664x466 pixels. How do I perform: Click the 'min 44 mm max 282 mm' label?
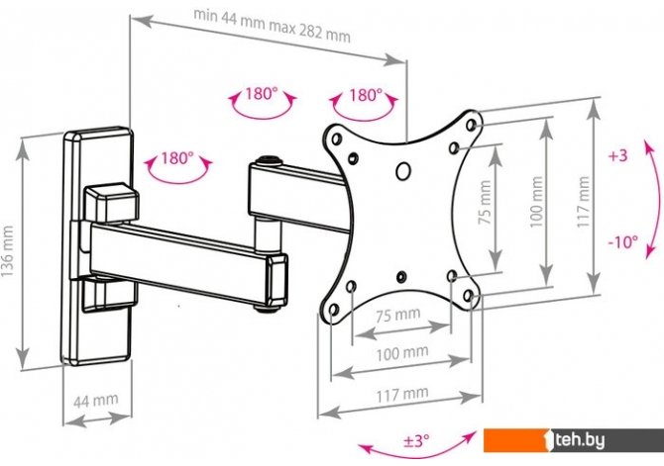(x=272, y=26)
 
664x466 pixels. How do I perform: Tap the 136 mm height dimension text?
(x=7, y=251)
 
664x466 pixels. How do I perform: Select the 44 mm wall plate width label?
(x=96, y=401)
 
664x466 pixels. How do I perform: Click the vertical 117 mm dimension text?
(x=583, y=202)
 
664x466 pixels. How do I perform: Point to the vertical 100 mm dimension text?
(x=536, y=202)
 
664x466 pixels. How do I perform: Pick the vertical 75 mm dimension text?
(x=484, y=202)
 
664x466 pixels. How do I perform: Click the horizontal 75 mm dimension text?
(x=397, y=315)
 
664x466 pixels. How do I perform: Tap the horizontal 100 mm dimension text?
(x=402, y=353)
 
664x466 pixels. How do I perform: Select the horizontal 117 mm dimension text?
(x=402, y=394)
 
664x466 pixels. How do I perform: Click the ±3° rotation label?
(x=416, y=441)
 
